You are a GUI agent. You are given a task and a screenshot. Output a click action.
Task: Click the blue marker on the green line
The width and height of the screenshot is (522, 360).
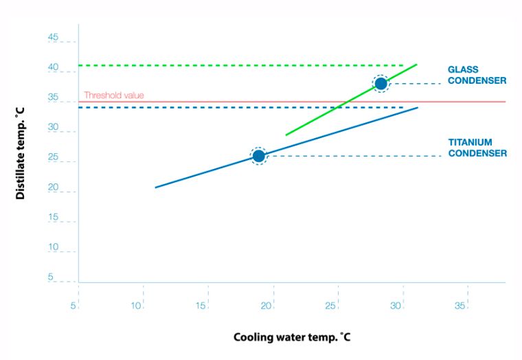(x=381, y=84)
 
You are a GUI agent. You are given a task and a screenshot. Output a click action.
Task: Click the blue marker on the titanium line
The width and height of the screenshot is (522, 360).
(x=258, y=156)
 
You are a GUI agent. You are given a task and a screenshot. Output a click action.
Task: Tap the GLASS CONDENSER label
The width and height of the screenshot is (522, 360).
(x=477, y=75)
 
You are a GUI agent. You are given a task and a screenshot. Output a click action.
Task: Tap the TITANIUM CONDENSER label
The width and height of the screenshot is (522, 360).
(x=477, y=148)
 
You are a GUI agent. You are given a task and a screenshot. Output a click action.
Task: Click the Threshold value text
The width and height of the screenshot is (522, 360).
(x=114, y=95)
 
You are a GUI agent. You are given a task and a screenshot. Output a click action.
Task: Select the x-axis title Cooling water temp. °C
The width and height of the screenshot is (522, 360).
(x=293, y=337)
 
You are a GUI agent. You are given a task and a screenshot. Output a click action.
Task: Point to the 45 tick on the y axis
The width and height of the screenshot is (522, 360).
(x=53, y=38)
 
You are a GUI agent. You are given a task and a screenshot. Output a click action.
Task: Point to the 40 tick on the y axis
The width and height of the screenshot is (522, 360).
(x=53, y=68)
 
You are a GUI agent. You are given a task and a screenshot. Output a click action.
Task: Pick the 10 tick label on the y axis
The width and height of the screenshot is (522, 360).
(x=53, y=247)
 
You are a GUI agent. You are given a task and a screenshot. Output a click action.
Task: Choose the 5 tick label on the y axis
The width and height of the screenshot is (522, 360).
(x=51, y=278)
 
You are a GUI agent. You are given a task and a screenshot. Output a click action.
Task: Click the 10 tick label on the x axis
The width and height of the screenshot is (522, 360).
(x=137, y=305)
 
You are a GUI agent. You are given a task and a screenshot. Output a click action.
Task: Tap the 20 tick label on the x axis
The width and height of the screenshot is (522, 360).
(x=267, y=305)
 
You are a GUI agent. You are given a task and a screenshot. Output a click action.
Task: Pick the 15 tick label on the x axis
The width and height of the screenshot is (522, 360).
(x=202, y=305)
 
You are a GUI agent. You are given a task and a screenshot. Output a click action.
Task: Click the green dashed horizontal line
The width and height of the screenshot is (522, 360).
(x=240, y=65)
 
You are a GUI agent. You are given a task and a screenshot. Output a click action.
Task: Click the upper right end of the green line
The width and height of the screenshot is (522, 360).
(x=416, y=65)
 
